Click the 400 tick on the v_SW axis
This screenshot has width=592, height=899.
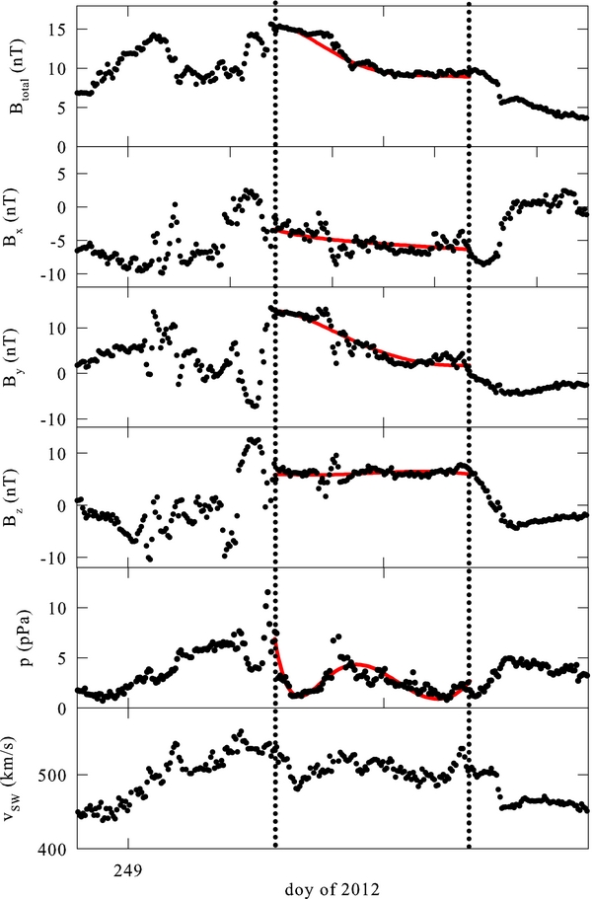coord(54,849)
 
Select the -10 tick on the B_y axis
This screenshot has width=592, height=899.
coord(55,419)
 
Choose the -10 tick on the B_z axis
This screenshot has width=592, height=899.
coord(55,558)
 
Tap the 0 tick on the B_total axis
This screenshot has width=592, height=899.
coord(62,146)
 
